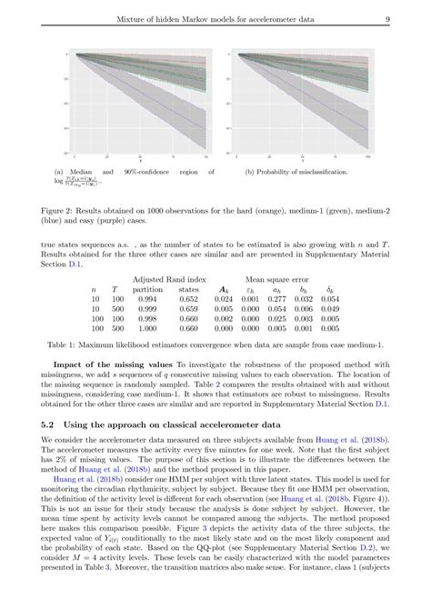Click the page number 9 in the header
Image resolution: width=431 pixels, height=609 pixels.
387,19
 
